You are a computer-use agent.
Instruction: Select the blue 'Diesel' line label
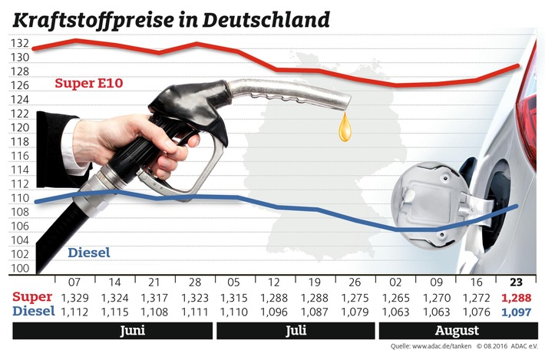pyautogui.click(x=89, y=253)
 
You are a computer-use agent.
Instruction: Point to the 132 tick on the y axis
pyautogui.click(x=21, y=43)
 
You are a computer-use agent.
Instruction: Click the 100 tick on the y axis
pyautogui.click(x=21, y=269)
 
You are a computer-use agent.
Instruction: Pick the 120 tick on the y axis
pyautogui.click(x=21, y=127)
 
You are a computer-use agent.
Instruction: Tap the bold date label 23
pyautogui.click(x=517, y=282)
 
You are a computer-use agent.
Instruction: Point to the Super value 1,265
pyautogui.click(x=397, y=296)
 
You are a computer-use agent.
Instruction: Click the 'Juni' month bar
pyautogui.click(x=114, y=332)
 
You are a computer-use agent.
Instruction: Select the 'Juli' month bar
pyautogui.click(x=296, y=332)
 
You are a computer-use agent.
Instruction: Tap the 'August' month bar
pyautogui.click(x=457, y=332)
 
